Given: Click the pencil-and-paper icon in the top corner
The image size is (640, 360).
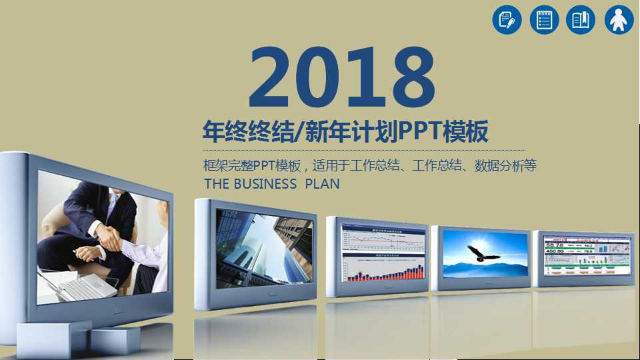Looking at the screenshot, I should pyautogui.click(x=507, y=20).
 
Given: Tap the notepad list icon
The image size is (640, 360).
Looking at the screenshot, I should pyautogui.click(x=544, y=20).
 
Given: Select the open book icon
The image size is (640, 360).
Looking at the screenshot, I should pyautogui.click(x=581, y=20).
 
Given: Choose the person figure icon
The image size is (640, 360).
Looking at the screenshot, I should pyautogui.click(x=619, y=20).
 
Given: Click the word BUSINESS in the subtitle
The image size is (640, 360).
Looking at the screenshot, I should pyautogui.click(x=265, y=184).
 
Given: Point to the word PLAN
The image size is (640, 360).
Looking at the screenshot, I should pyautogui.click(x=322, y=184).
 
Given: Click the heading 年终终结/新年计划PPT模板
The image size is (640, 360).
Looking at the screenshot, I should pyautogui.click(x=346, y=131).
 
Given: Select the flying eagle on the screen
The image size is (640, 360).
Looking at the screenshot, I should pyautogui.click(x=481, y=253).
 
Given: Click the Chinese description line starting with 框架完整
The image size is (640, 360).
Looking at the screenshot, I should pyautogui.click(x=370, y=166).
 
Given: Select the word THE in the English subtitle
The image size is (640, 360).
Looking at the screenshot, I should pyautogui.click(x=216, y=184).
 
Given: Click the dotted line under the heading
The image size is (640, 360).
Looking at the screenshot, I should pyautogui.click(x=363, y=151).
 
